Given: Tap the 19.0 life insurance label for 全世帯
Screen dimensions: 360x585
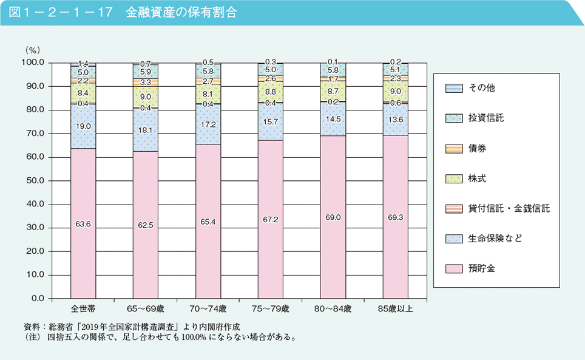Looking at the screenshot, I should (83, 126).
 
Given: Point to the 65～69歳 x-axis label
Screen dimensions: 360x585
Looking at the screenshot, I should (145, 309).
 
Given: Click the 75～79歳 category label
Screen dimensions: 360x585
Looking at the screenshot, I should (269, 309).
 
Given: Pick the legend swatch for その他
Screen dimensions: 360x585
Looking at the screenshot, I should (454, 88).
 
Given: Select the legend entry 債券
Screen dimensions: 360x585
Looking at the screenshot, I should (477, 148).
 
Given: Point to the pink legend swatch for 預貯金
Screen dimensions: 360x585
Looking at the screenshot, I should (454, 268).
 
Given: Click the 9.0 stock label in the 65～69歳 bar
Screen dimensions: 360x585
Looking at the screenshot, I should (145, 96).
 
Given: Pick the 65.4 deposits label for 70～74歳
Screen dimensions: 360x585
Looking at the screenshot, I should (208, 222).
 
